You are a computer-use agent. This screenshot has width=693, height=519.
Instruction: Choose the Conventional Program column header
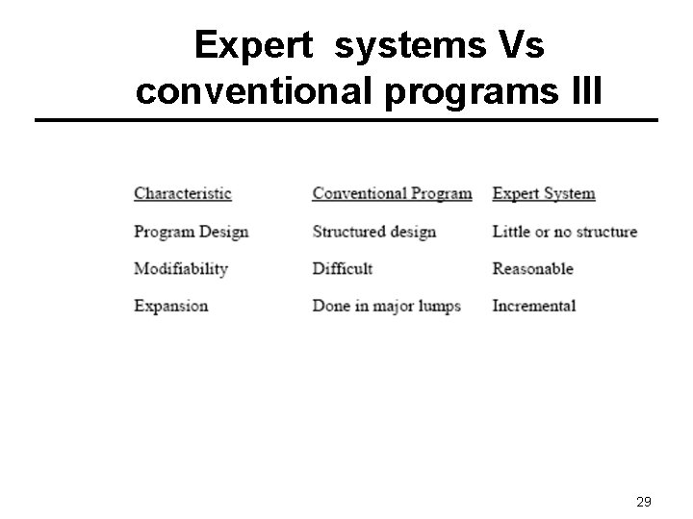tap(392, 193)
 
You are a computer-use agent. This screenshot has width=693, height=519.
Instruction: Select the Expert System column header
tap(544, 193)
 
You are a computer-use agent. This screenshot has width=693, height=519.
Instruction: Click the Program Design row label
tap(192, 232)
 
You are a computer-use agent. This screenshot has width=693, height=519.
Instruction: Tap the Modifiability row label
tap(181, 269)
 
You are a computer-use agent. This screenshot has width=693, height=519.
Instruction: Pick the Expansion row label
tap(171, 307)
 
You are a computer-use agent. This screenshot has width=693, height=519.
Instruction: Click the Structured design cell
tap(374, 232)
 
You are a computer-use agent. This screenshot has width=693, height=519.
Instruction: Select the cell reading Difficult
tap(342, 269)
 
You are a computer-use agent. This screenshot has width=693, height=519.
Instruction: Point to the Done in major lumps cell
tap(387, 307)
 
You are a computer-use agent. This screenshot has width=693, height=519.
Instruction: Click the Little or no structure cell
tap(564, 232)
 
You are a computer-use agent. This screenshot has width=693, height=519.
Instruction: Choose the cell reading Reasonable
tap(532, 269)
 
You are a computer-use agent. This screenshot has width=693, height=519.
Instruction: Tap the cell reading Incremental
tap(533, 307)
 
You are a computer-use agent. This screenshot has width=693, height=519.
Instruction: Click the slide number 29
tap(645, 502)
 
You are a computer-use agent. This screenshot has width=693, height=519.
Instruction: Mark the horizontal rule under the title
tap(346, 120)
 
